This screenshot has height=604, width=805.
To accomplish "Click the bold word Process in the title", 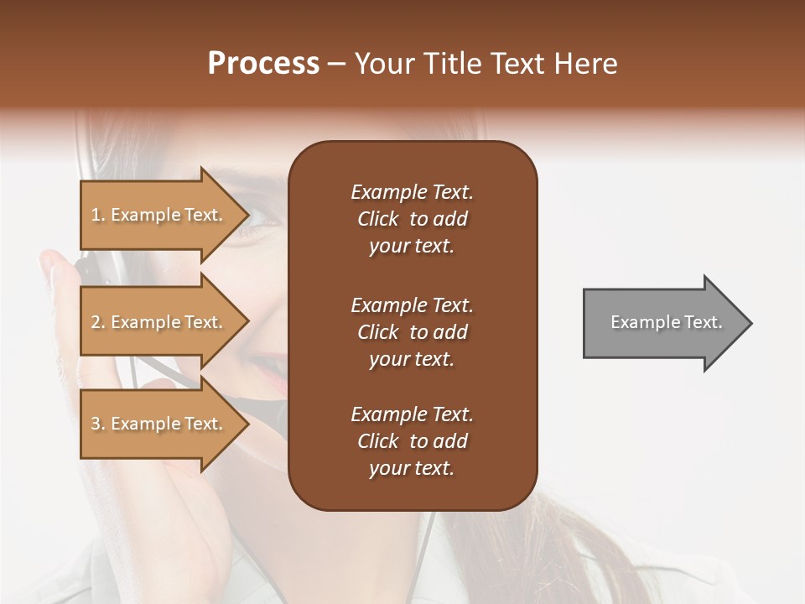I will [263, 64].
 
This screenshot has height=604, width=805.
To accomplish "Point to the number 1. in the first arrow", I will [98, 215].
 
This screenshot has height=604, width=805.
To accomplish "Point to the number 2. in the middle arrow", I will [98, 322].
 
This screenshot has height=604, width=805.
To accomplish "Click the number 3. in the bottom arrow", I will [98, 424].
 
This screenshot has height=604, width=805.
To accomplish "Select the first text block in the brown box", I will [412, 219].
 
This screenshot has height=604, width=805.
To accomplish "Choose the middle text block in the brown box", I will [412, 332].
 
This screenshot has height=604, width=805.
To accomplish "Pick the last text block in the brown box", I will [412, 441].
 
